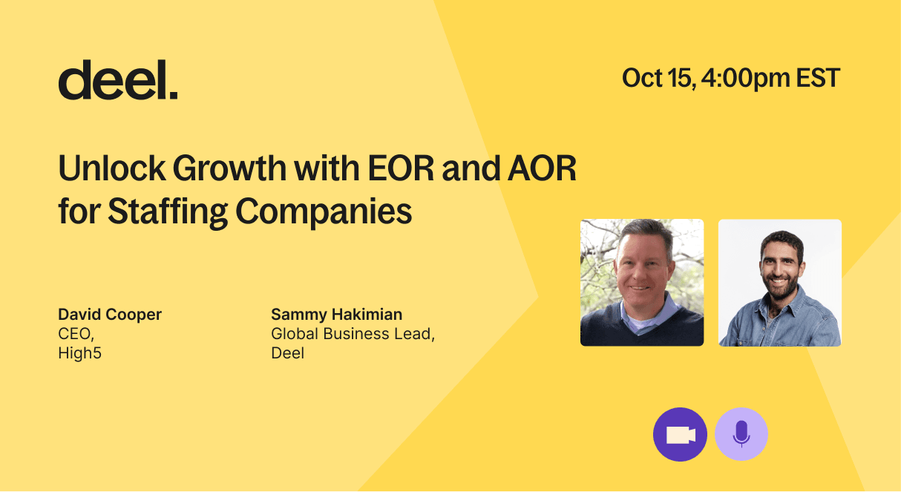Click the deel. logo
click(118, 79)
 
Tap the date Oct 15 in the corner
click(658, 78)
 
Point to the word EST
click(818, 78)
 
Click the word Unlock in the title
click(111, 168)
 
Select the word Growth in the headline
click(229, 168)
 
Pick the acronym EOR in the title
click(401, 168)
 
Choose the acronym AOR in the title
click(543, 168)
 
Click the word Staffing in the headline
click(167, 211)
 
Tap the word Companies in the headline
click(324, 211)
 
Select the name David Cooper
click(110, 314)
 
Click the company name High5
click(79, 352)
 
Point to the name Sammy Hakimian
click(337, 314)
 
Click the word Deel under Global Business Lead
click(288, 352)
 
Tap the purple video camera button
click(680, 434)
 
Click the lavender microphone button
click(741, 434)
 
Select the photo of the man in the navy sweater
click(642, 283)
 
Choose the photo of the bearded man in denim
click(780, 283)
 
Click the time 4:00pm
click(746, 79)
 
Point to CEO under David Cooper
click(76, 334)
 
